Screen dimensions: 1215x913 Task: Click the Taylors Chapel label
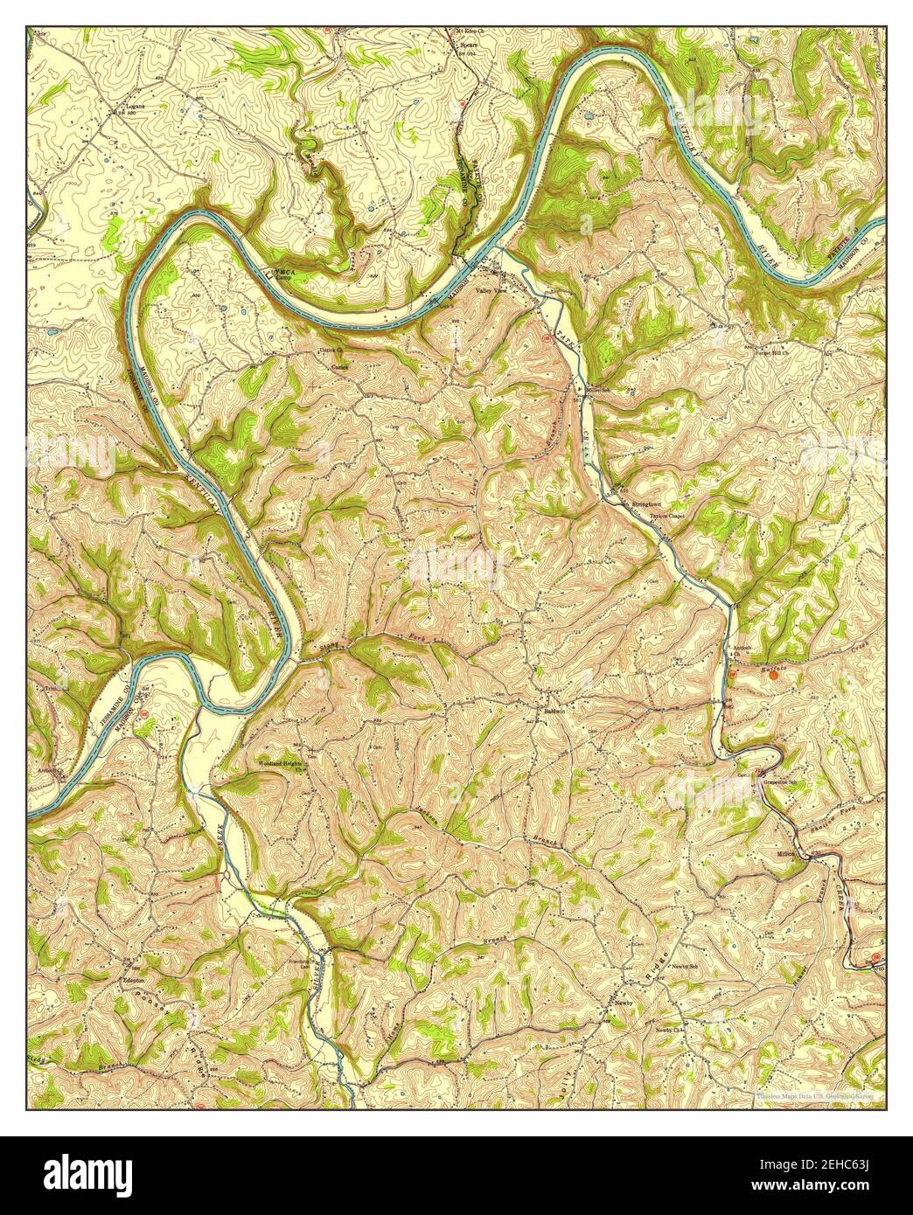[x=666, y=517]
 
